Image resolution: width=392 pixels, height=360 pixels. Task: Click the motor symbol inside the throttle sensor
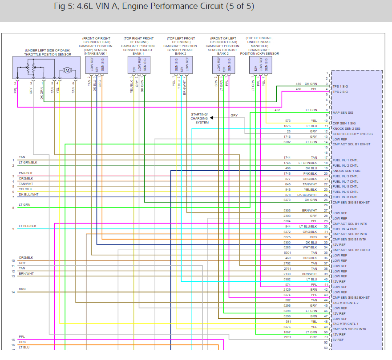click(68, 70)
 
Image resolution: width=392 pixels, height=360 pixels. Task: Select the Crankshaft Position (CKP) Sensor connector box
click(261, 66)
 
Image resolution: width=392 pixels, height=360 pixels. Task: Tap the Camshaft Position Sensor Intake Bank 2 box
click(182, 66)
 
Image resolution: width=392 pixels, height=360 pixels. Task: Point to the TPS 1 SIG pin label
click(341, 86)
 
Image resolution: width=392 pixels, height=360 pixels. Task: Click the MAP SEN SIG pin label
click(343, 112)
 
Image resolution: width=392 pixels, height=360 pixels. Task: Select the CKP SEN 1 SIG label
click(344, 123)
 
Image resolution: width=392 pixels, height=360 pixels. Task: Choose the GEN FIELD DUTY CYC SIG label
click(352, 134)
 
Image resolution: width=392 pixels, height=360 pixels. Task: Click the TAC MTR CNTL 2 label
click(345, 303)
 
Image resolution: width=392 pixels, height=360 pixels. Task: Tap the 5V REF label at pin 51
click(338, 340)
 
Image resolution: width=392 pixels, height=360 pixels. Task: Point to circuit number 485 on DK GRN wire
click(298, 84)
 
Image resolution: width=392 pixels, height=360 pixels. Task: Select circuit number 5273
click(287, 200)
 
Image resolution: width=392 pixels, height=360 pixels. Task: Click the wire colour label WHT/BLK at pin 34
click(310, 247)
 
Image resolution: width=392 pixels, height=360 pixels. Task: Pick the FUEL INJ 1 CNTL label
click(345, 160)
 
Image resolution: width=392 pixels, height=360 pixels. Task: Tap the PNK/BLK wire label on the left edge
click(26, 173)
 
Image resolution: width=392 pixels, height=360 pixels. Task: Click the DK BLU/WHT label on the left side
click(28, 194)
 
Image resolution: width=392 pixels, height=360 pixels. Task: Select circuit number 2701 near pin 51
click(287, 337)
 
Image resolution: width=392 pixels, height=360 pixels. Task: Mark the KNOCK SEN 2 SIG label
click(346, 128)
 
